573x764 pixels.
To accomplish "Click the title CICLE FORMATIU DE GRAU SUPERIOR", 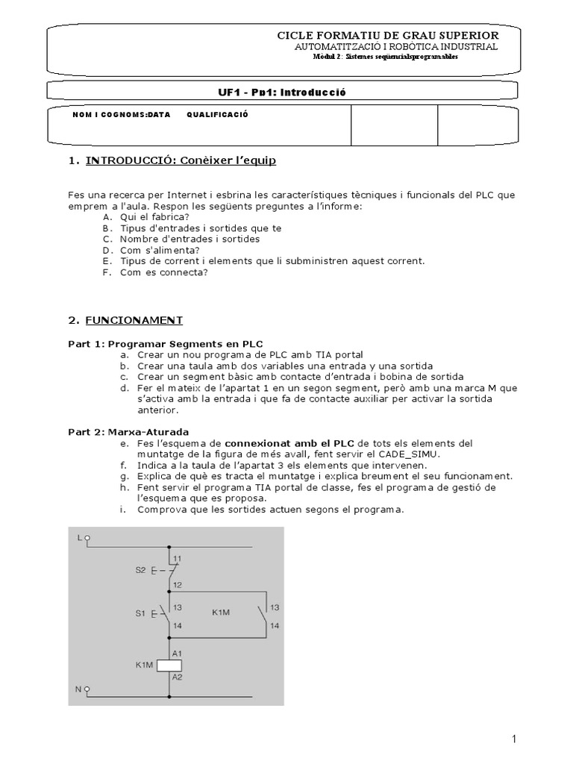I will pyautogui.click(x=388, y=36).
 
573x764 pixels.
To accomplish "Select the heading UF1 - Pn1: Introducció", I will pyautogui.click(x=280, y=92).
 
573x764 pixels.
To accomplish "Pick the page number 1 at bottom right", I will pyautogui.click(x=514, y=739).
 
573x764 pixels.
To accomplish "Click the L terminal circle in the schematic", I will pyautogui.click(x=87, y=537).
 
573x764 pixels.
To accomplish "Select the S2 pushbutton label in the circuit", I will pyautogui.click(x=140, y=571).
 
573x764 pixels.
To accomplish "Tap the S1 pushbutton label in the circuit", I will pyautogui.click(x=140, y=613).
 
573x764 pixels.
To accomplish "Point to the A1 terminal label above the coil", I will pyautogui.click(x=178, y=652).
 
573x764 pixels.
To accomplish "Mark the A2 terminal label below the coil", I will pyautogui.click(x=178, y=677).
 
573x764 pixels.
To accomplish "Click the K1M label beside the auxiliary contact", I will pyautogui.click(x=222, y=613).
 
